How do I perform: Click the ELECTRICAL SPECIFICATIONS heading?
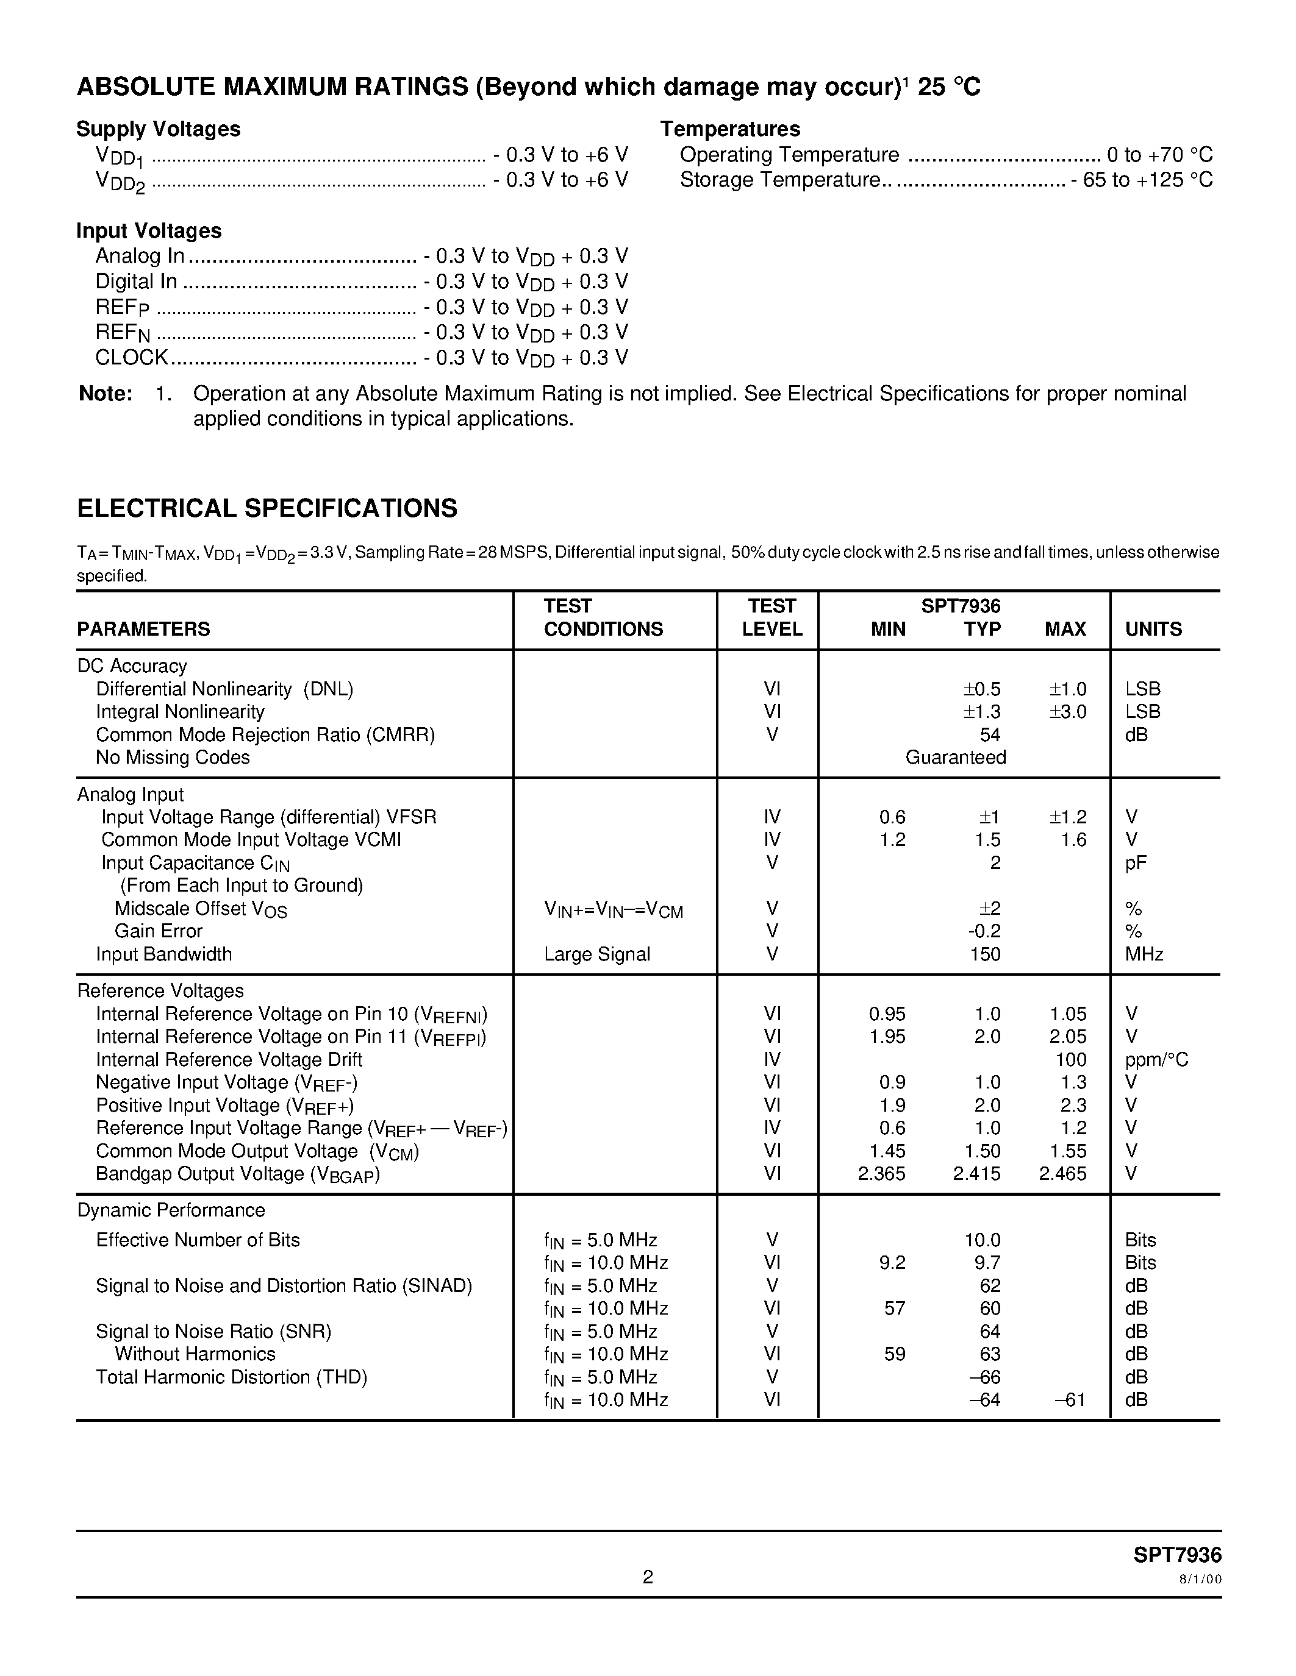(267, 509)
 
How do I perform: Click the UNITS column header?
(1153, 630)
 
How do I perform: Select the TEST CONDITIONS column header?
(603, 618)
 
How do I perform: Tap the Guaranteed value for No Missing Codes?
(955, 758)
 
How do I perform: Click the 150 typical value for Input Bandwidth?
(985, 954)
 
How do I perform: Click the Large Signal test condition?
(596, 954)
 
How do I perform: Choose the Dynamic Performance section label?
(170, 1210)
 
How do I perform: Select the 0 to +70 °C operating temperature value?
(1159, 155)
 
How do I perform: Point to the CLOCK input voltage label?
(131, 358)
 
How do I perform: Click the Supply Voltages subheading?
(158, 129)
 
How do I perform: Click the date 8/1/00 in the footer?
(1200, 1579)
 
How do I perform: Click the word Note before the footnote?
(105, 394)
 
